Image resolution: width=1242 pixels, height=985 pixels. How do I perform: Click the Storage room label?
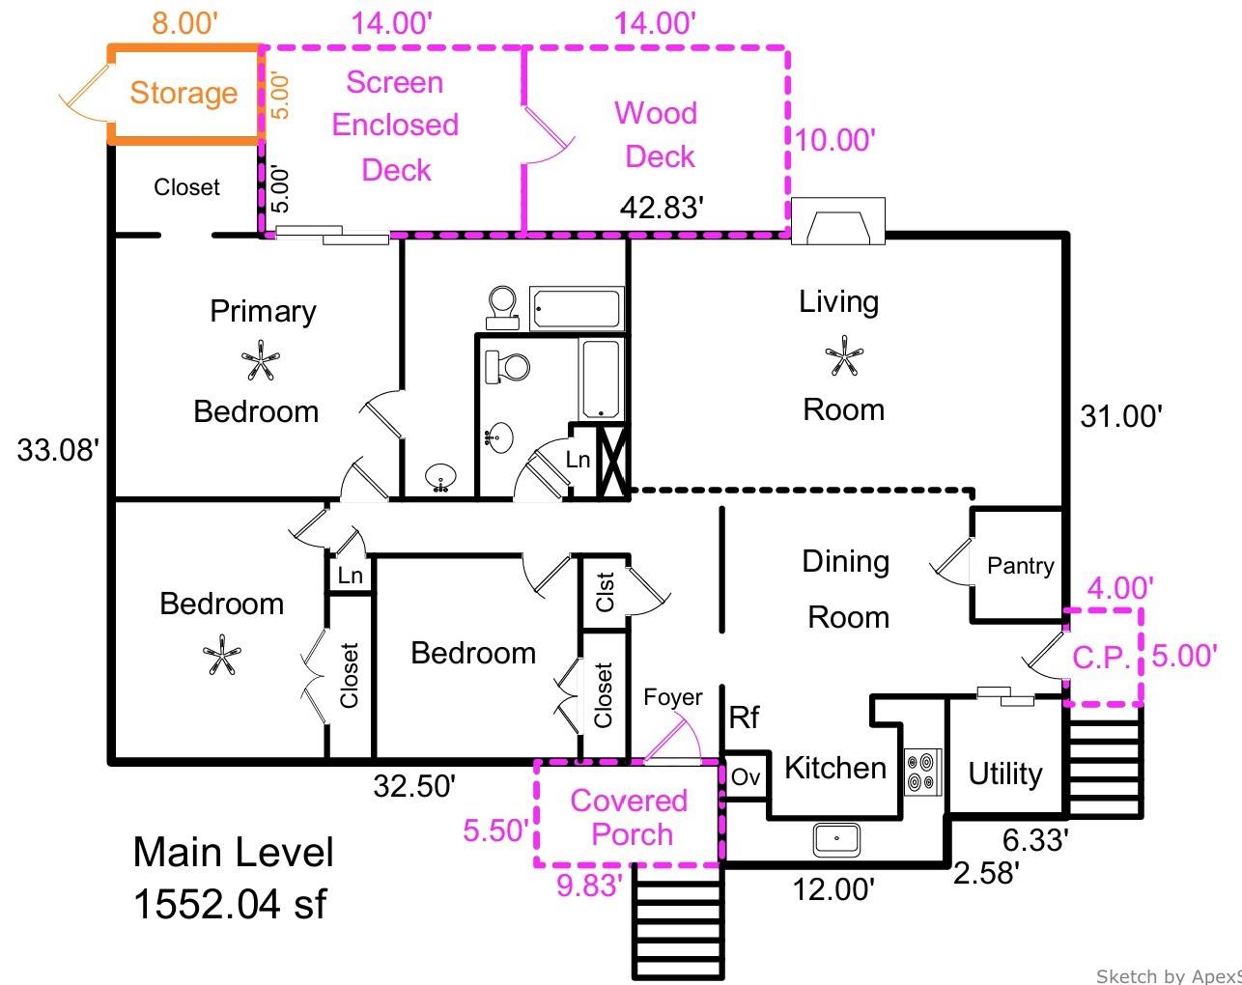click(183, 93)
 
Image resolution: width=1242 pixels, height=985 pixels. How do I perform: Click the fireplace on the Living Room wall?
click(837, 221)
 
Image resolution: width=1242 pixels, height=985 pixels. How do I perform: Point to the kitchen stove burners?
click(922, 773)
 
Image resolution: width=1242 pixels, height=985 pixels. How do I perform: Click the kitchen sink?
click(836, 838)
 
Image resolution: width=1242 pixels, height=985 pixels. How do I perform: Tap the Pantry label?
click(1020, 566)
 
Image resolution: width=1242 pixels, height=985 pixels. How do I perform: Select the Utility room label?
click(1004, 774)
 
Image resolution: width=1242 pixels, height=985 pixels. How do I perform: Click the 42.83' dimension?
click(662, 207)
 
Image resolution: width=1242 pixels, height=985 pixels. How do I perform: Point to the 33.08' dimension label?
click(58, 450)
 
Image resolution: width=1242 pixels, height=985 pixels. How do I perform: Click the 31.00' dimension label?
click(1120, 416)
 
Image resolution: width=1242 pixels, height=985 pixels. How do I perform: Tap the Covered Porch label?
click(629, 817)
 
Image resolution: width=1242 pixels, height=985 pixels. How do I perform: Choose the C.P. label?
click(1101, 658)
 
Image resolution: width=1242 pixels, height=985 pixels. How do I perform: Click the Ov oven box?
click(746, 776)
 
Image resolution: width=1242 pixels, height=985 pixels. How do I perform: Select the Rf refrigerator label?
click(744, 717)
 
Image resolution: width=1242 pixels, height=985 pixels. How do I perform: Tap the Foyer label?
click(673, 697)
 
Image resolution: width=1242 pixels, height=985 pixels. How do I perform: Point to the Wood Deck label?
click(657, 134)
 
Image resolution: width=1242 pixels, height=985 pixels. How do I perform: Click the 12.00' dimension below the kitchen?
click(833, 888)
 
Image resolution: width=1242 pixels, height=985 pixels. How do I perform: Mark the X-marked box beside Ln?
click(613, 459)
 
